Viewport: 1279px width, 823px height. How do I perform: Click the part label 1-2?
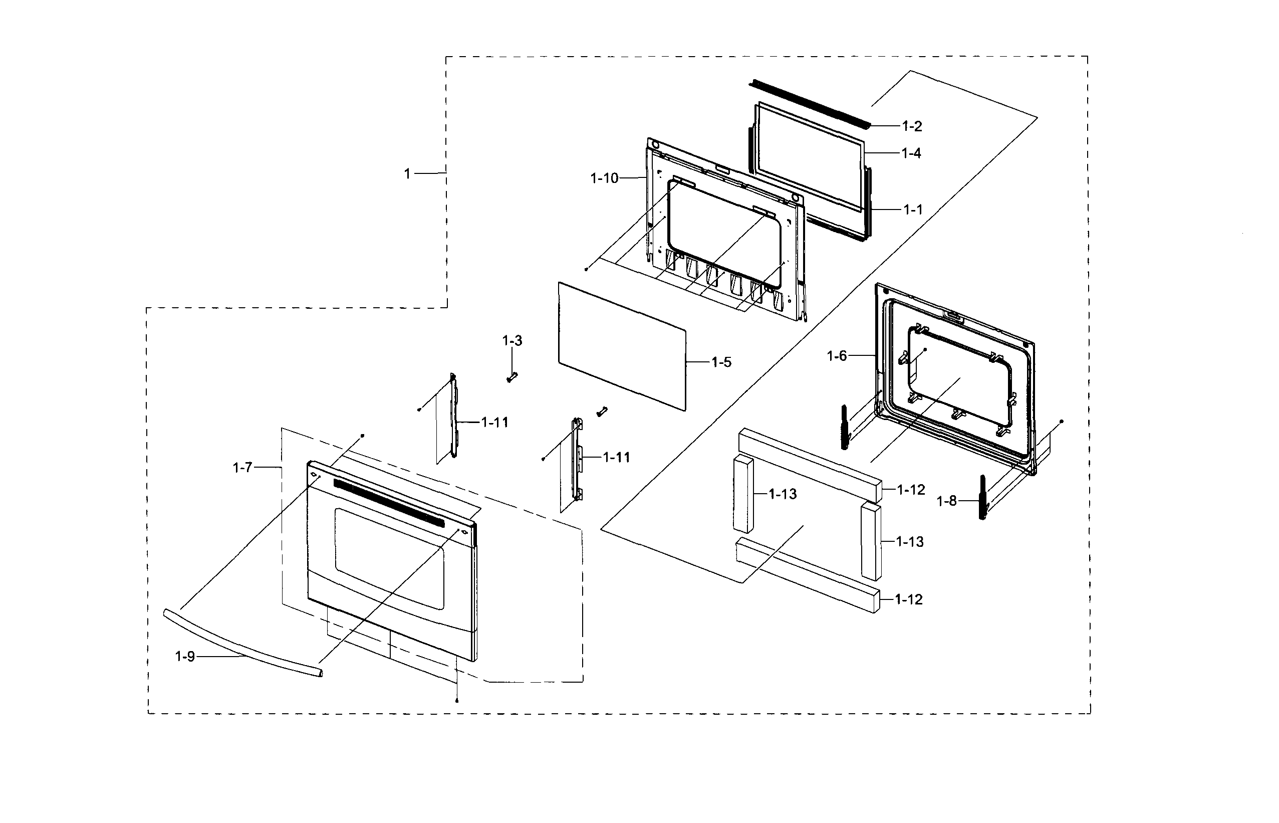(x=912, y=127)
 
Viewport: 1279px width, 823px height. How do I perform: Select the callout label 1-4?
(x=911, y=153)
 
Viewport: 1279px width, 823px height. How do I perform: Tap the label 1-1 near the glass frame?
(x=913, y=210)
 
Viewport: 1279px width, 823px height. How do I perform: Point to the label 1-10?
(x=604, y=178)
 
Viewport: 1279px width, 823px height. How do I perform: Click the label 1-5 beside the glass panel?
(x=721, y=362)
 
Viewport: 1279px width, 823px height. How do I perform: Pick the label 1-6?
(x=837, y=356)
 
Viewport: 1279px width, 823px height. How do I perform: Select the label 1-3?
(x=511, y=341)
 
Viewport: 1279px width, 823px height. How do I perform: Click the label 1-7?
(x=242, y=468)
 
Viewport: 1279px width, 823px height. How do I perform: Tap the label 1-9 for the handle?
(x=185, y=657)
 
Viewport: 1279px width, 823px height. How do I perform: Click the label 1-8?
(x=947, y=501)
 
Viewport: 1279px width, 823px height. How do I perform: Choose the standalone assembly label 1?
(x=407, y=174)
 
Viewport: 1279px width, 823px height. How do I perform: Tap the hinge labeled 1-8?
(x=982, y=497)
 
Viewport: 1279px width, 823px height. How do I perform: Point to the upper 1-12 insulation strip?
(x=809, y=463)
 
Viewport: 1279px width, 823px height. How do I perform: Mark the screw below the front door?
(x=457, y=701)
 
